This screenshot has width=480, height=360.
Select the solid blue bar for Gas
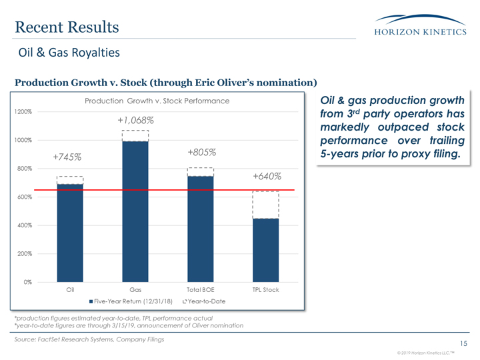[x=135, y=211]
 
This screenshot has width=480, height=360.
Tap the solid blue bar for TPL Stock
[x=265, y=250]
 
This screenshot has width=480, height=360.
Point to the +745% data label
[x=67, y=157]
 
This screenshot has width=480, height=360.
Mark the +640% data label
[x=266, y=177]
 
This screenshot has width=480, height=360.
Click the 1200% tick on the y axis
[x=23, y=112]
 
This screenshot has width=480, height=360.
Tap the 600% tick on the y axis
[x=24, y=197]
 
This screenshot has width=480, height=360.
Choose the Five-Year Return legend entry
[x=131, y=302]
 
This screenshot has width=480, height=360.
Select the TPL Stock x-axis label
[x=265, y=291]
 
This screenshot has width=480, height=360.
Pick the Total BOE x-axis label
[x=200, y=291]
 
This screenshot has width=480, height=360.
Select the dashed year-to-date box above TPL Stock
[x=265, y=205]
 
